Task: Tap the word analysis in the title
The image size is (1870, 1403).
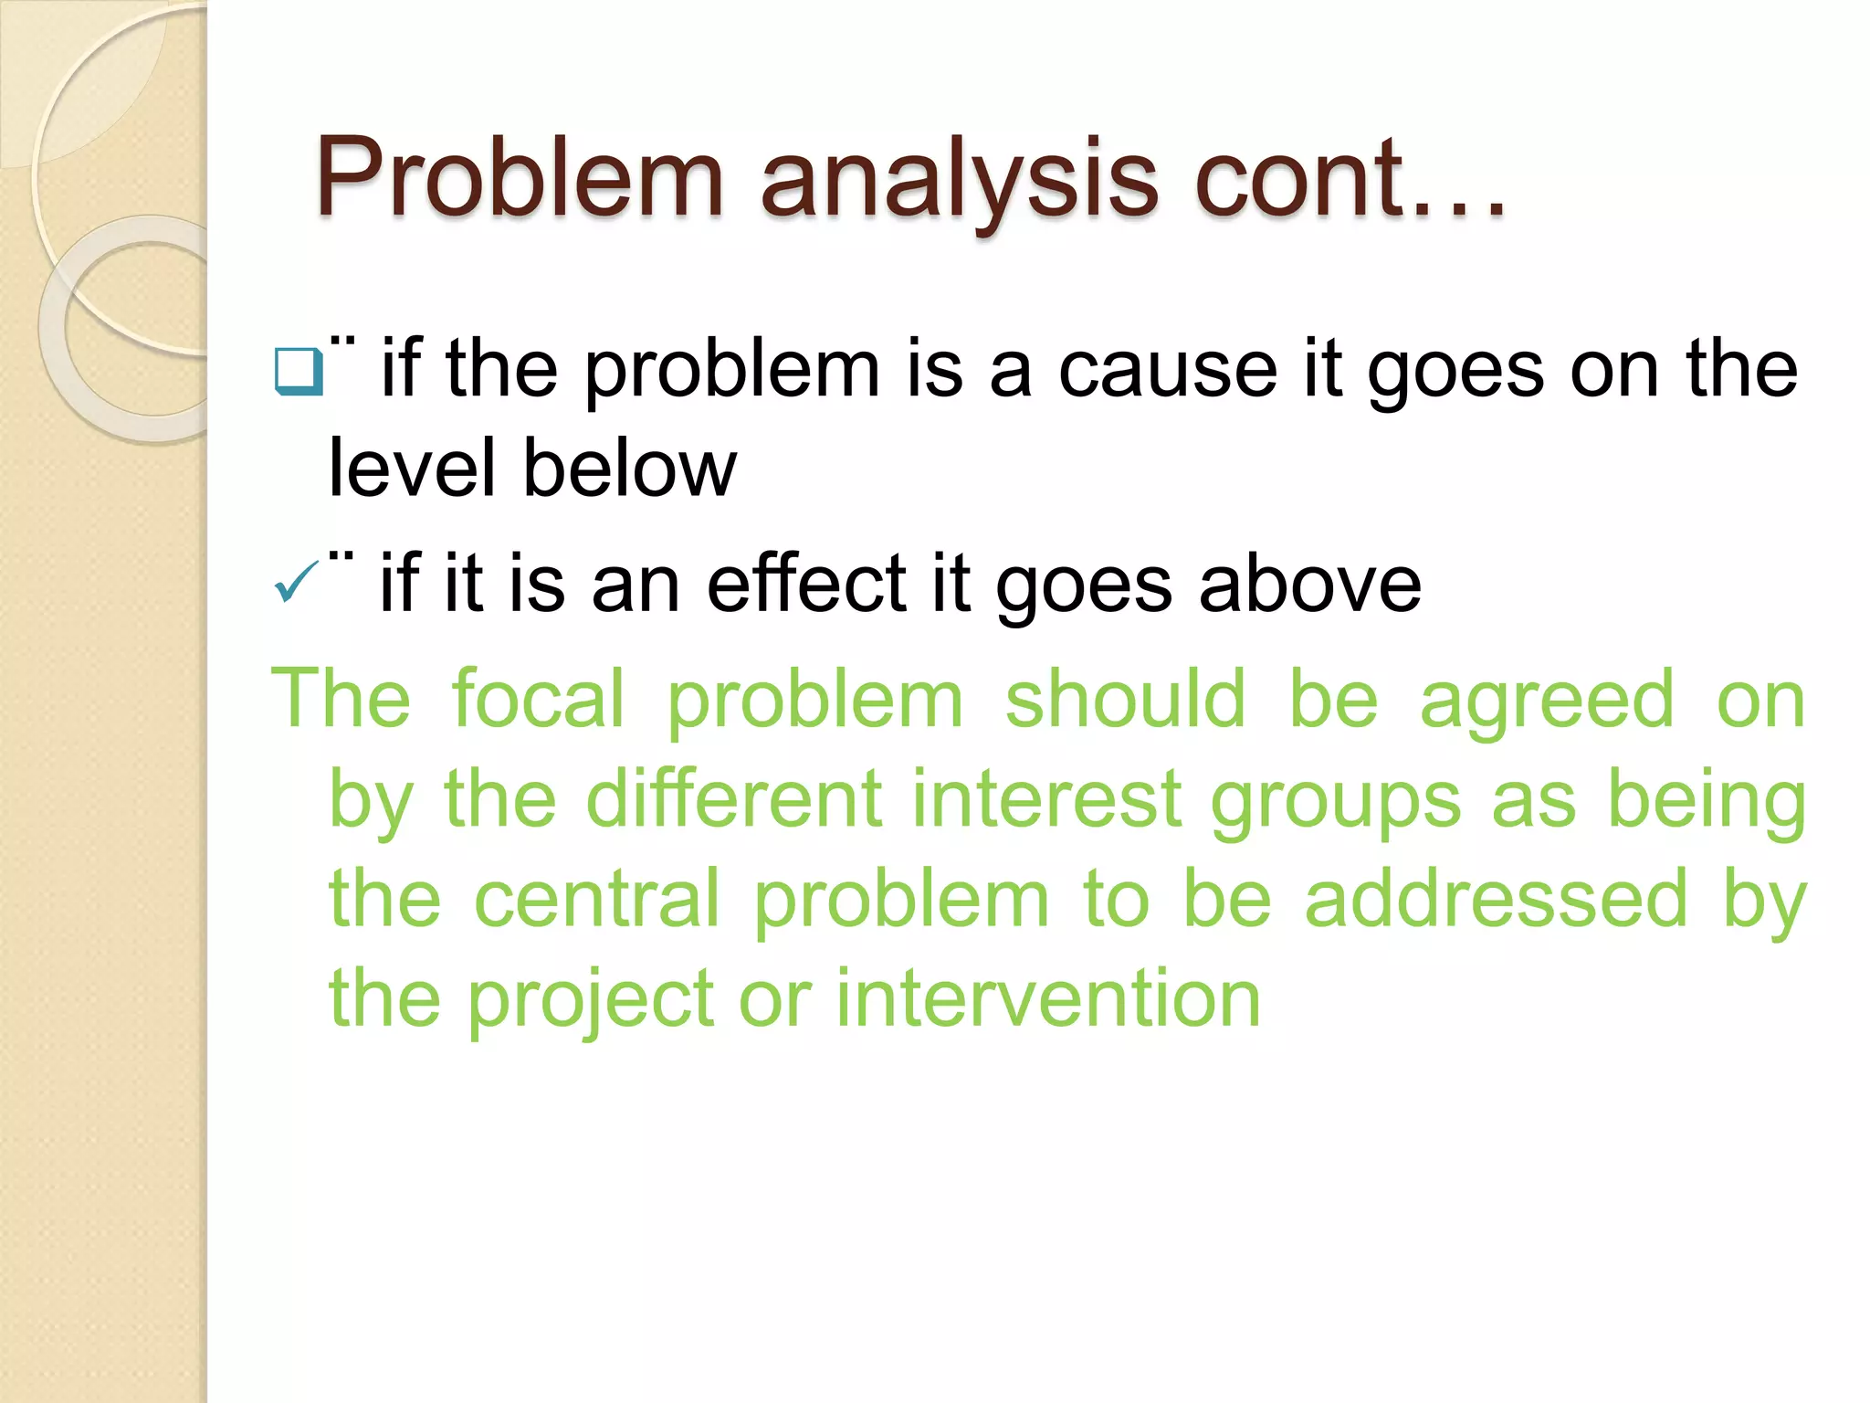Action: (x=959, y=180)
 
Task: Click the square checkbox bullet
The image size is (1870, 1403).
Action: (x=298, y=372)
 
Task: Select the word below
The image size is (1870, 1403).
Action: (x=629, y=468)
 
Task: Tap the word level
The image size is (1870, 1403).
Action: (x=411, y=468)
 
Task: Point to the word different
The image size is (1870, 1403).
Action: (x=734, y=799)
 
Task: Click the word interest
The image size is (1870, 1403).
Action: (x=1047, y=799)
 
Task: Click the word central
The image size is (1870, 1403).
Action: (x=597, y=900)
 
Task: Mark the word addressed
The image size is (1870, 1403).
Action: (x=1497, y=900)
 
